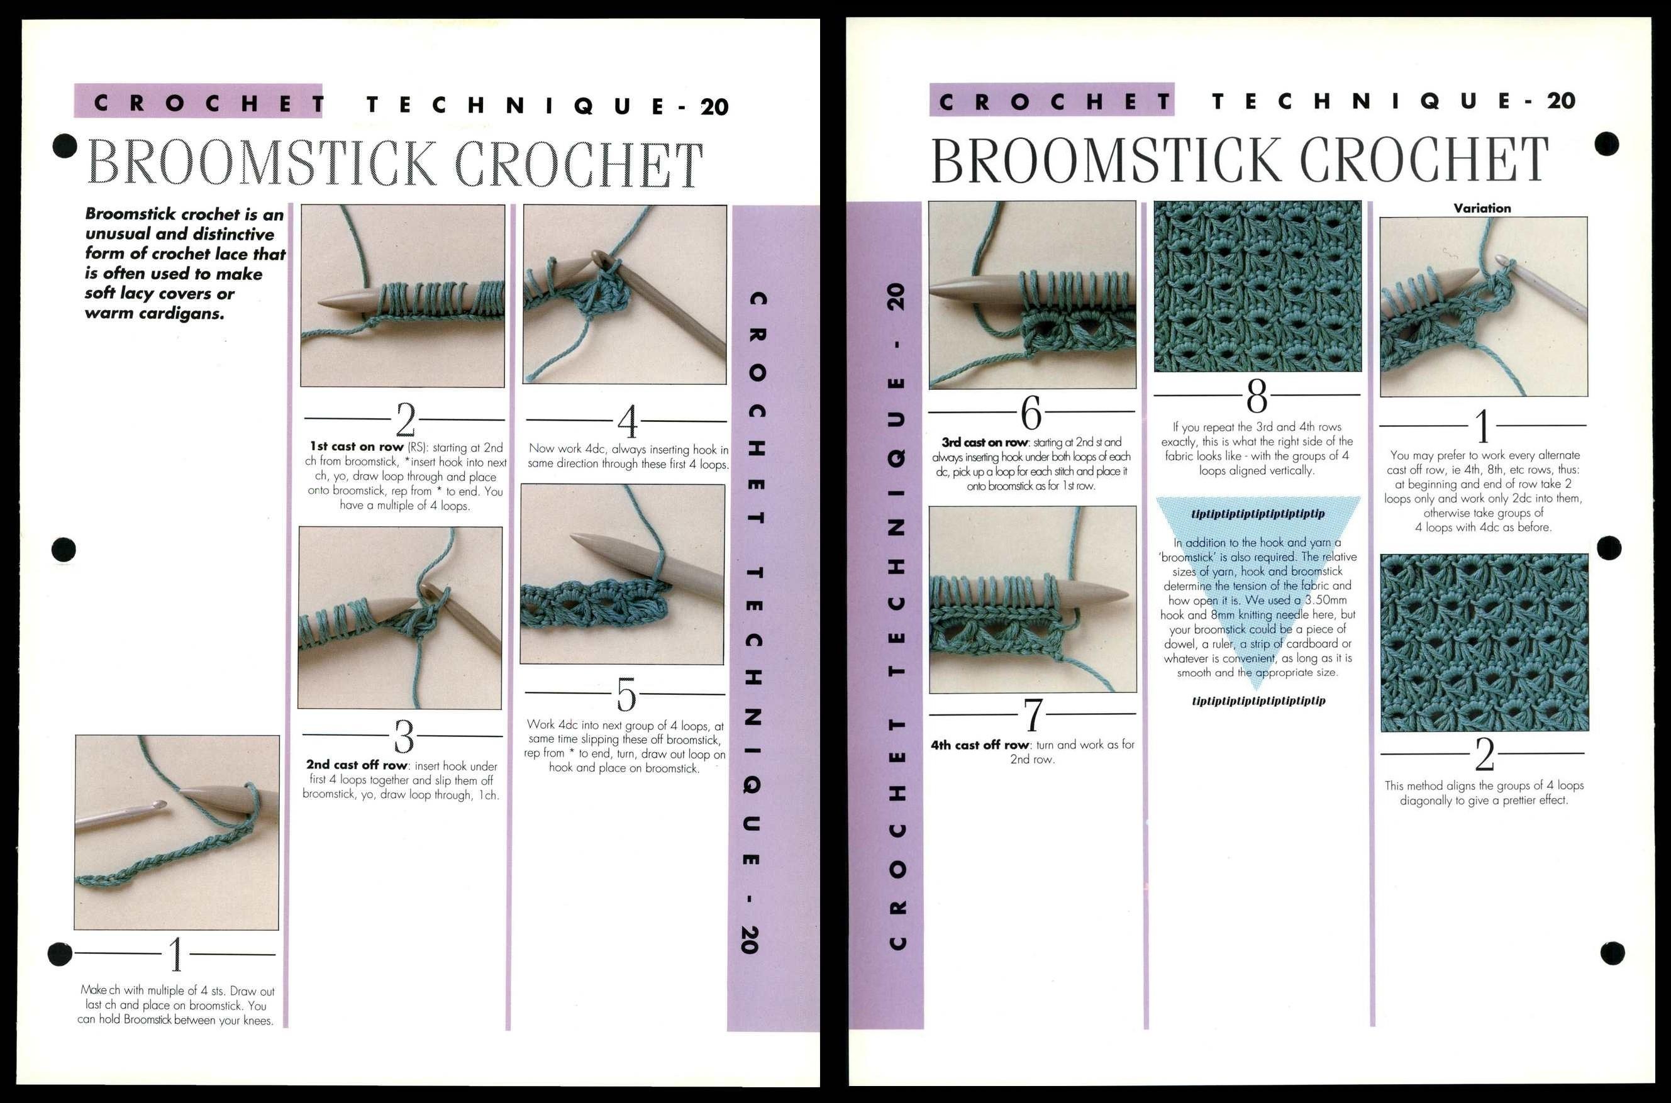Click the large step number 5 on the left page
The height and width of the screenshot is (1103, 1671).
[x=626, y=696]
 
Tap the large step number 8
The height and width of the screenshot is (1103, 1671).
[x=1257, y=397]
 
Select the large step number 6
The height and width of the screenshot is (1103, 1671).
[x=1031, y=413]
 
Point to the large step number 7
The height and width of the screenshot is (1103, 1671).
[x=1033, y=716]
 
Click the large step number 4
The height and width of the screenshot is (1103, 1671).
[x=627, y=422]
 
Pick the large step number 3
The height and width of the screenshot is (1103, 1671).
[x=404, y=737]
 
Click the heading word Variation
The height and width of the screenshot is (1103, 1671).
[x=1482, y=208]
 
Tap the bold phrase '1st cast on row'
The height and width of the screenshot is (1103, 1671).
[x=357, y=446]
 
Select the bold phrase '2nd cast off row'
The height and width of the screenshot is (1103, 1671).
[x=357, y=765]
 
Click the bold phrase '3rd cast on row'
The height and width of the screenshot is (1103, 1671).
[x=985, y=443]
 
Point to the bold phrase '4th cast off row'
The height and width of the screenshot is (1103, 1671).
[x=980, y=745]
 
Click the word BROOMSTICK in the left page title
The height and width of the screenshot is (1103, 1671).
[x=262, y=164]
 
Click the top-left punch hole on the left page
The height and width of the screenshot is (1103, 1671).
[x=65, y=147]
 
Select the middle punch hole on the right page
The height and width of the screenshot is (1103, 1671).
[x=1610, y=548]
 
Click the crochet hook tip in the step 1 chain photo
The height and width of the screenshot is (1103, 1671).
[x=162, y=804]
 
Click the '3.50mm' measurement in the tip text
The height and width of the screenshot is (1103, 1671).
[x=1326, y=600]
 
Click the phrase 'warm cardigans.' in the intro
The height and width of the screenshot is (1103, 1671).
[x=155, y=314]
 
